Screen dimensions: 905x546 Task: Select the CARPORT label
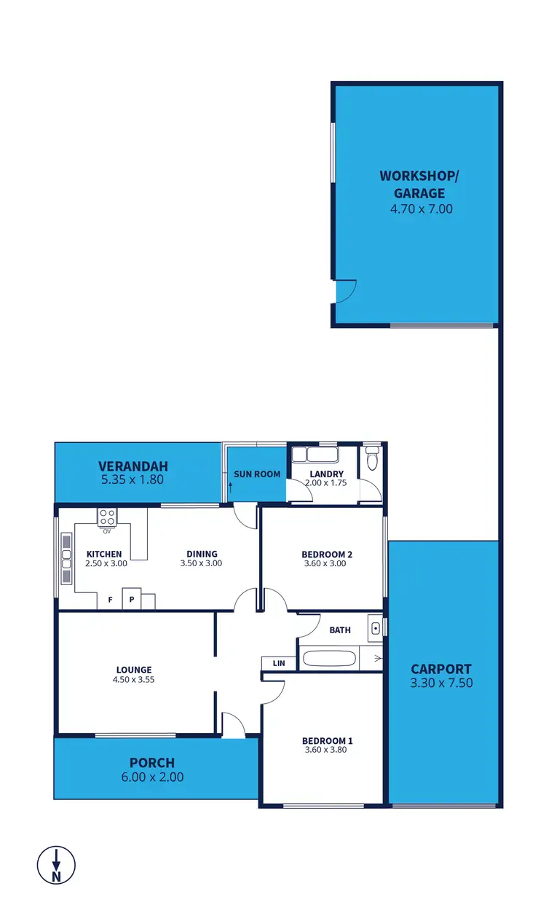click(x=440, y=668)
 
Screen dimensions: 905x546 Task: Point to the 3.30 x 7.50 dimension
click(x=440, y=683)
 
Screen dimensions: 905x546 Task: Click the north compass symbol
click(x=56, y=865)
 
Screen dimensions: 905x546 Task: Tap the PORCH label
click(x=151, y=763)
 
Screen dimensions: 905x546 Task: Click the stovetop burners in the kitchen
click(x=107, y=517)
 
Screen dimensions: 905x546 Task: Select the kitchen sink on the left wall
click(x=66, y=559)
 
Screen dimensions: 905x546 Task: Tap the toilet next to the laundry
click(x=372, y=460)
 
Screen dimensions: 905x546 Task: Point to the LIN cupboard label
click(x=279, y=663)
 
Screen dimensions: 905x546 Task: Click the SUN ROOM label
click(x=257, y=474)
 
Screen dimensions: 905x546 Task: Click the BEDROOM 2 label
click(x=327, y=555)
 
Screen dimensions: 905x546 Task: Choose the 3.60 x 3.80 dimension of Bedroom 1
click(x=324, y=749)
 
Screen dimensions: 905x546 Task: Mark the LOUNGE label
click(x=134, y=670)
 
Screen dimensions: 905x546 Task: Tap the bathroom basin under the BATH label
click(x=375, y=627)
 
